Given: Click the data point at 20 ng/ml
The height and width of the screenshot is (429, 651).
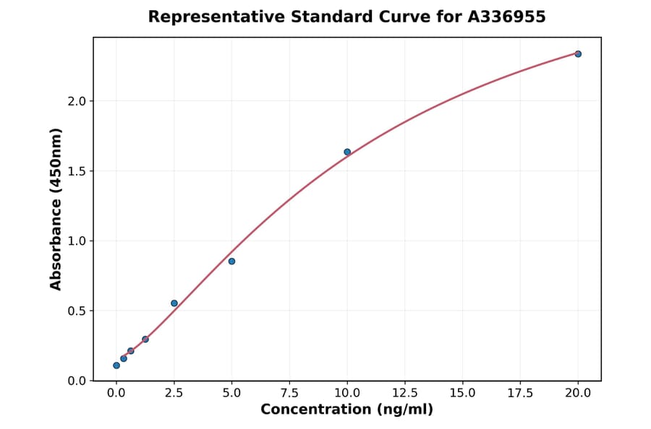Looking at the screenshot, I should coord(578,54).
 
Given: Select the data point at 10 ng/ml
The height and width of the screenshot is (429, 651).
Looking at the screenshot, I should coord(347,152).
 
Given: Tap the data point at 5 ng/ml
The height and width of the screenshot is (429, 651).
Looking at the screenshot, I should coord(231,261).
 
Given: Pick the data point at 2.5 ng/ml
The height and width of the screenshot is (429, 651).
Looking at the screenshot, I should coord(174,303).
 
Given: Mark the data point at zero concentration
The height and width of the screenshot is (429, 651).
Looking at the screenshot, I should coord(116,365).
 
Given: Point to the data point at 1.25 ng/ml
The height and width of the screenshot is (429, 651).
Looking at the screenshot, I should coord(145,339).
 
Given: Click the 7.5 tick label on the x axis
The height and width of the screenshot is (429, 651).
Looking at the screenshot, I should coord(289,394).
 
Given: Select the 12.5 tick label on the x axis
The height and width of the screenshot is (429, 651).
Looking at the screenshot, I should coord(405,394).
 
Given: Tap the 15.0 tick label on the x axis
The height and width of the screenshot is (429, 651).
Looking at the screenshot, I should coord(463,394).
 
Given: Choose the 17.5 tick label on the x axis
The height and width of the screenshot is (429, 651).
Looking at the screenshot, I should coord(520,394).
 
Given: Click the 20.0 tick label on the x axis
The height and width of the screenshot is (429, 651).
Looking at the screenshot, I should coord(578,394).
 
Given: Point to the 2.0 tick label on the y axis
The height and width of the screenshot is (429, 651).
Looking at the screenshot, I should coord(77,101).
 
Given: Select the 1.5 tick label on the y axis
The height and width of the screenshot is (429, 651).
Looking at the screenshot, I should coord(77,171).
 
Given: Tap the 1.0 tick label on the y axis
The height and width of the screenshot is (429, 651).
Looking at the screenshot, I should coord(77,241).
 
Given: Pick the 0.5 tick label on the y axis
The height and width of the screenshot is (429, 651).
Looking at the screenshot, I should coord(77,311).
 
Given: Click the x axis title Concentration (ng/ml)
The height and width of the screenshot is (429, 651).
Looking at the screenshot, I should coord(346,410).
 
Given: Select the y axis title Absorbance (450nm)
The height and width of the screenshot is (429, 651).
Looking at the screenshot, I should coord(56,209).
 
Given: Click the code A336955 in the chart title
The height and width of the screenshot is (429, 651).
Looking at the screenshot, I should coord(506,17).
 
